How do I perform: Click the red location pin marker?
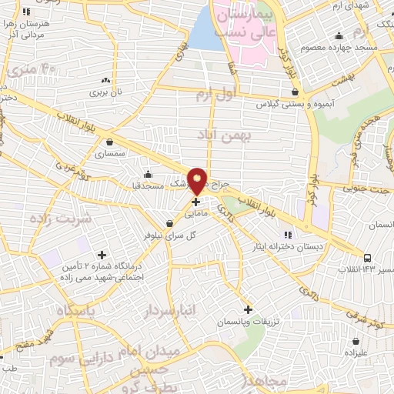(x=198, y=180)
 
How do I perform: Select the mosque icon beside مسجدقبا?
(x=147, y=172)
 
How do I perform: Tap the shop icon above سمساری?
(x=112, y=142)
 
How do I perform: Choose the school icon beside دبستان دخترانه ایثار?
(x=288, y=234)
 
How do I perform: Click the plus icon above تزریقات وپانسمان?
(x=247, y=309)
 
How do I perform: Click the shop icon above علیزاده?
(x=356, y=339)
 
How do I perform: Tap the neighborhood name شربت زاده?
(x=62, y=219)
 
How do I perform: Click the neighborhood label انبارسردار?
(x=169, y=309)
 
